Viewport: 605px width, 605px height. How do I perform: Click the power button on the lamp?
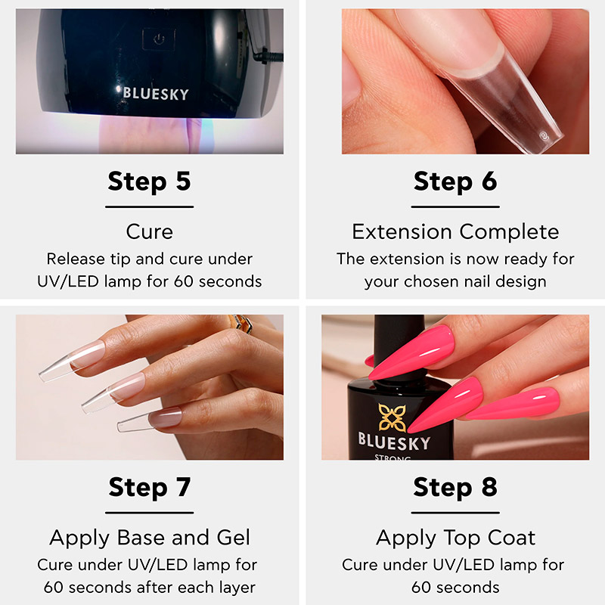click(x=159, y=39)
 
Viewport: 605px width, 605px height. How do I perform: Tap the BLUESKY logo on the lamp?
click(x=156, y=94)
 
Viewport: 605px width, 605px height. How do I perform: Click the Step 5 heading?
click(x=149, y=181)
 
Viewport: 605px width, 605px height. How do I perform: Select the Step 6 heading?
click(x=455, y=181)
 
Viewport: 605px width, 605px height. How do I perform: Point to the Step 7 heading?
click(x=149, y=487)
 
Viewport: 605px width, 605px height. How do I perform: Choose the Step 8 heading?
click(x=455, y=487)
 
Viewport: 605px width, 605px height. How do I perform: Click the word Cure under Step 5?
click(x=149, y=232)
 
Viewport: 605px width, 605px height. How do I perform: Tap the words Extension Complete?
click(x=455, y=232)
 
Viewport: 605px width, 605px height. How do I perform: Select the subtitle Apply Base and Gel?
click(x=150, y=538)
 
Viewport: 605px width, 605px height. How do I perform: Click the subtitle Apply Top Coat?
click(x=456, y=538)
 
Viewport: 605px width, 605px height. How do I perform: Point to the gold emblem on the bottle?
click(x=391, y=417)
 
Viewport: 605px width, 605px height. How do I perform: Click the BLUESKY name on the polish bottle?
click(x=393, y=442)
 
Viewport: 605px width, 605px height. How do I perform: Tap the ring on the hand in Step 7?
click(x=240, y=323)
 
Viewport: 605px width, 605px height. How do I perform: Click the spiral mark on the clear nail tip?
click(x=543, y=136)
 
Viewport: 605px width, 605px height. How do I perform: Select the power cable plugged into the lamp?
click(x=268, y=57)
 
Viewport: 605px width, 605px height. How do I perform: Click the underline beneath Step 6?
click(x=455, y=206)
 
